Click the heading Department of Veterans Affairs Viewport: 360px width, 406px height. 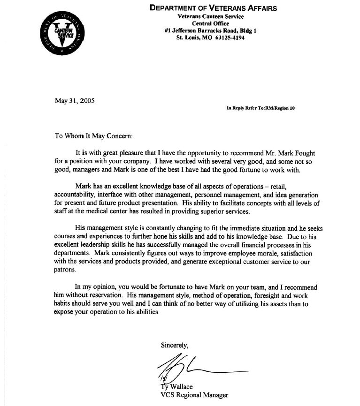click(x=213, y=8)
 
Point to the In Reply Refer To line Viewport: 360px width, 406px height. click(x=260, y=108)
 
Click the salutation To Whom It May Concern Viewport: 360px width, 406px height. click(x=94, y=136)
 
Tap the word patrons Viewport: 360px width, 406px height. click(x=65, y=271)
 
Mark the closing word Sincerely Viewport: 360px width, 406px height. click(x=175, y=346)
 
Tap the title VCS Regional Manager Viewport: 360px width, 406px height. click(x=194, y=395)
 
